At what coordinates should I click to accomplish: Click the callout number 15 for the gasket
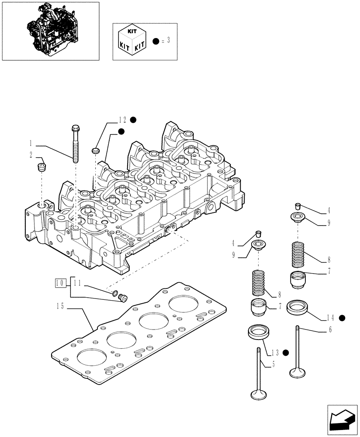point(61,306)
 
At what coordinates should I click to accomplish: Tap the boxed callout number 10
point(60,283)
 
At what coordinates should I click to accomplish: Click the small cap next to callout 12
point(96,151)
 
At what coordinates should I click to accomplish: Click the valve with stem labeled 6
point(297,354)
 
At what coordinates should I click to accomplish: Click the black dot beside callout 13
point(286,352)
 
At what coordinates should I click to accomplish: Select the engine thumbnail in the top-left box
point(51,31)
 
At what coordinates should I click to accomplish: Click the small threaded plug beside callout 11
point(122,298)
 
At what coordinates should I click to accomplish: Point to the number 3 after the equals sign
point(168,41)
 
